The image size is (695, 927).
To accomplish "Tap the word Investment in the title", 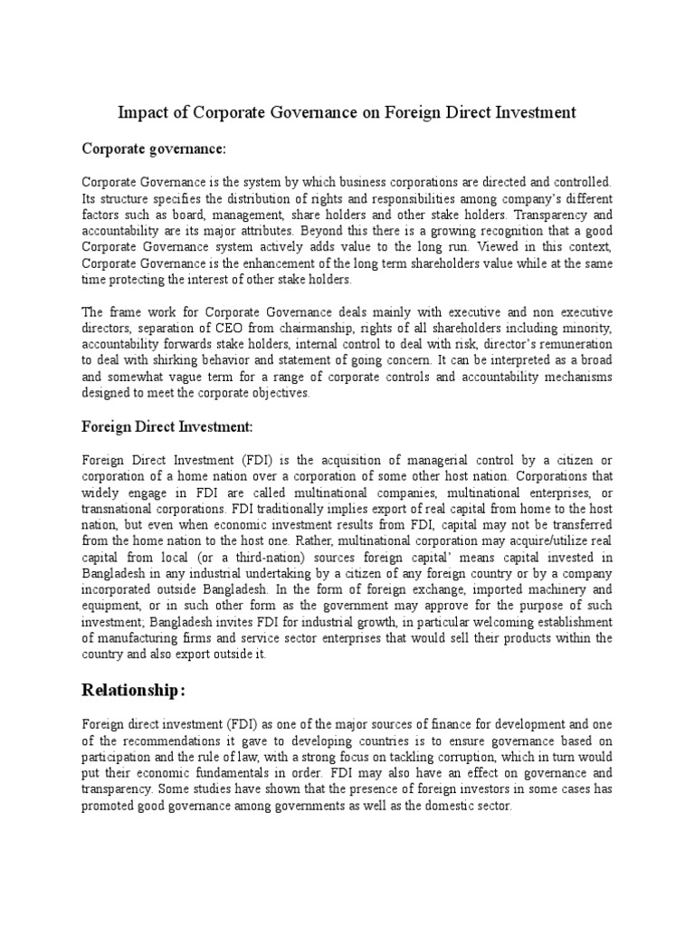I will [x=529, y=113].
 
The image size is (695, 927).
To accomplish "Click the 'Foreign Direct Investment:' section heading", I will [x=168, y=425].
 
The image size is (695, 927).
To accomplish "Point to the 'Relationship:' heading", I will [x=133, y=691].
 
